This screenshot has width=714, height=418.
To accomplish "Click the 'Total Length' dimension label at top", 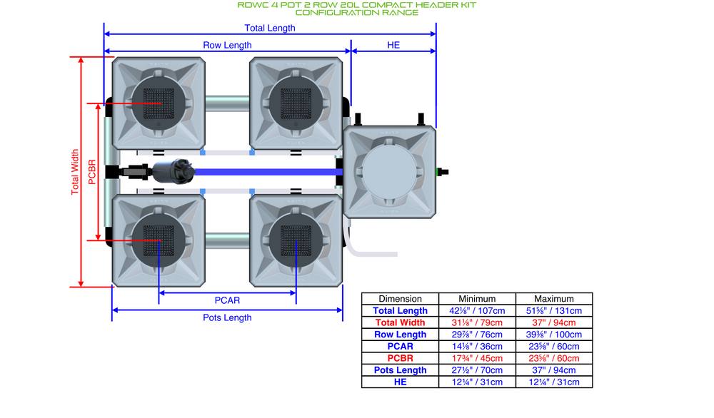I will point(270,28).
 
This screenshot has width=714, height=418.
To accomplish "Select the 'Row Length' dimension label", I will point(227,45).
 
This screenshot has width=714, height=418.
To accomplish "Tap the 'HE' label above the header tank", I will point(393,45).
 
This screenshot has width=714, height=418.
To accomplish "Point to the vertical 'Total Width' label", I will point(75,172).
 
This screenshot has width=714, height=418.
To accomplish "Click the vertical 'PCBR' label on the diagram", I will point(91,172).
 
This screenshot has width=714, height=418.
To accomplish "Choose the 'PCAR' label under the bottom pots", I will point(227,300).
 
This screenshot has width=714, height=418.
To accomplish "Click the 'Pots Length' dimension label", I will point(227,317).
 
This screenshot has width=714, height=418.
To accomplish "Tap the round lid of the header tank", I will point(390,172).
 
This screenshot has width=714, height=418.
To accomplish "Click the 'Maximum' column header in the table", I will point(554,299).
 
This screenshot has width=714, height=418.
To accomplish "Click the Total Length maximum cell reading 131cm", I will point(554,311).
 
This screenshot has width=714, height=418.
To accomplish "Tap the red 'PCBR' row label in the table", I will point(400,358).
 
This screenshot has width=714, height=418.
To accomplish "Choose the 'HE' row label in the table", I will point(400,382).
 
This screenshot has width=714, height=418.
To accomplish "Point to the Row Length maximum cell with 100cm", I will point(554,335).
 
